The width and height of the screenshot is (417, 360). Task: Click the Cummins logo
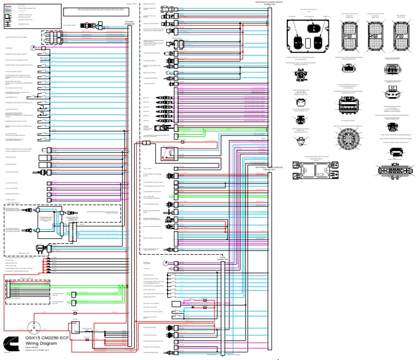(x=10, y=343)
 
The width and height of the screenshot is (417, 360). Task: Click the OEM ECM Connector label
(x=130, y=23)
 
